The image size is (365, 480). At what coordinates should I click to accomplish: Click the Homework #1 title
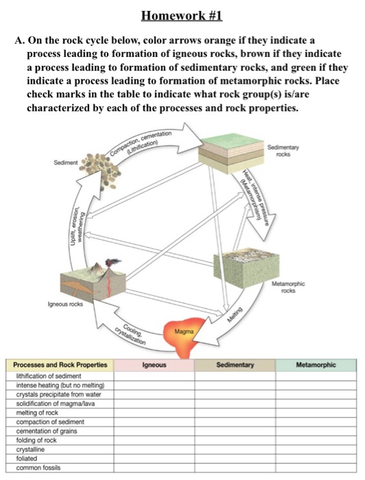(x=182, y=16)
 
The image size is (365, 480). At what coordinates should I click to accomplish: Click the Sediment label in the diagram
(x=64, y=163)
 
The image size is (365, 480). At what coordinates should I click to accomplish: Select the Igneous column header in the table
(x=154, y=365)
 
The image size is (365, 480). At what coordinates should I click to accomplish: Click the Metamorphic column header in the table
(x=316, y=365)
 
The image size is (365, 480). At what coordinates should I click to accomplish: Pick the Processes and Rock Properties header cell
(x=60, y=365)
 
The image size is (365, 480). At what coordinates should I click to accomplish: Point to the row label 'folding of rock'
(x=36, y=440)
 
